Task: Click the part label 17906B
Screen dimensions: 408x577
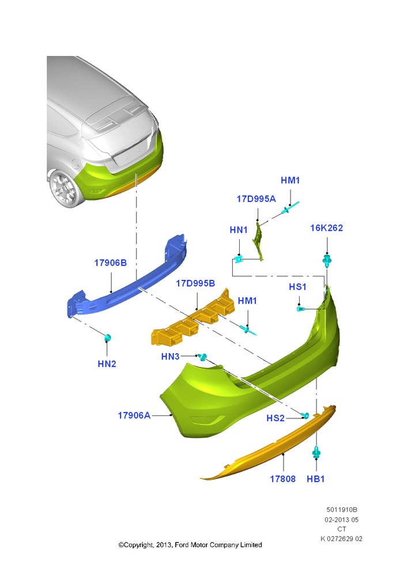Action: point(110,263)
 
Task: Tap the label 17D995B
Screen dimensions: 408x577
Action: point(195,283)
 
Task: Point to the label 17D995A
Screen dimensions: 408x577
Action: point(256,198)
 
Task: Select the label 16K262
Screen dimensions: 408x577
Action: point(326,228)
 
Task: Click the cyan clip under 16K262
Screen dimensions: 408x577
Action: point(327,261)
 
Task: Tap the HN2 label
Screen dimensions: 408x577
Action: point(107,364)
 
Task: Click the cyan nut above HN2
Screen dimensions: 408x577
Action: point(108,337)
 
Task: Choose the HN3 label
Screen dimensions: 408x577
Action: point(170,356)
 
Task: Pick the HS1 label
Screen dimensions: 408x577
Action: point(297,287)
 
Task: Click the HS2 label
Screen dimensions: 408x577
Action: point(275,418)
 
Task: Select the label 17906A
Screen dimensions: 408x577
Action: point(134,415)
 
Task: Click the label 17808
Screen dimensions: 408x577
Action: point(282,479)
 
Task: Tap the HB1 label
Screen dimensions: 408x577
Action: point(315,479)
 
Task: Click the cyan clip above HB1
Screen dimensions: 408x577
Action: point(316,452)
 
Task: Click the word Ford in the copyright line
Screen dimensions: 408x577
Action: point(181,545)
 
